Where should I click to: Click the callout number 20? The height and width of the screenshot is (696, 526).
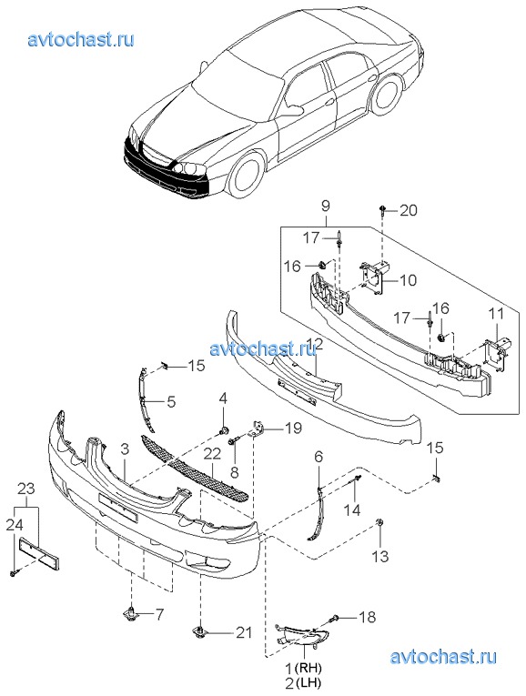click(x=409, y=210)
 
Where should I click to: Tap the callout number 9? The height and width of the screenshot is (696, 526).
click(x=326, y=206)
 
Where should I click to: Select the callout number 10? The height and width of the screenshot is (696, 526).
click(x=408, y=280)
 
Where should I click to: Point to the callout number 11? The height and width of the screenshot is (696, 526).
click(x=497, y=313)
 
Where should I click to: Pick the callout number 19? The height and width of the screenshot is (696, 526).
click(x=292, y=428)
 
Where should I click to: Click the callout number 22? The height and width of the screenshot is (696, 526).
click(x=213, y=454)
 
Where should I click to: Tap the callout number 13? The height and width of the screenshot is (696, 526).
click(x=380, y=556)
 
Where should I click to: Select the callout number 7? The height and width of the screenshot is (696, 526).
click(x=158, y=615)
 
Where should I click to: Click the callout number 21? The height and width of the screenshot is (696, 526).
click(x=243, y=632)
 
